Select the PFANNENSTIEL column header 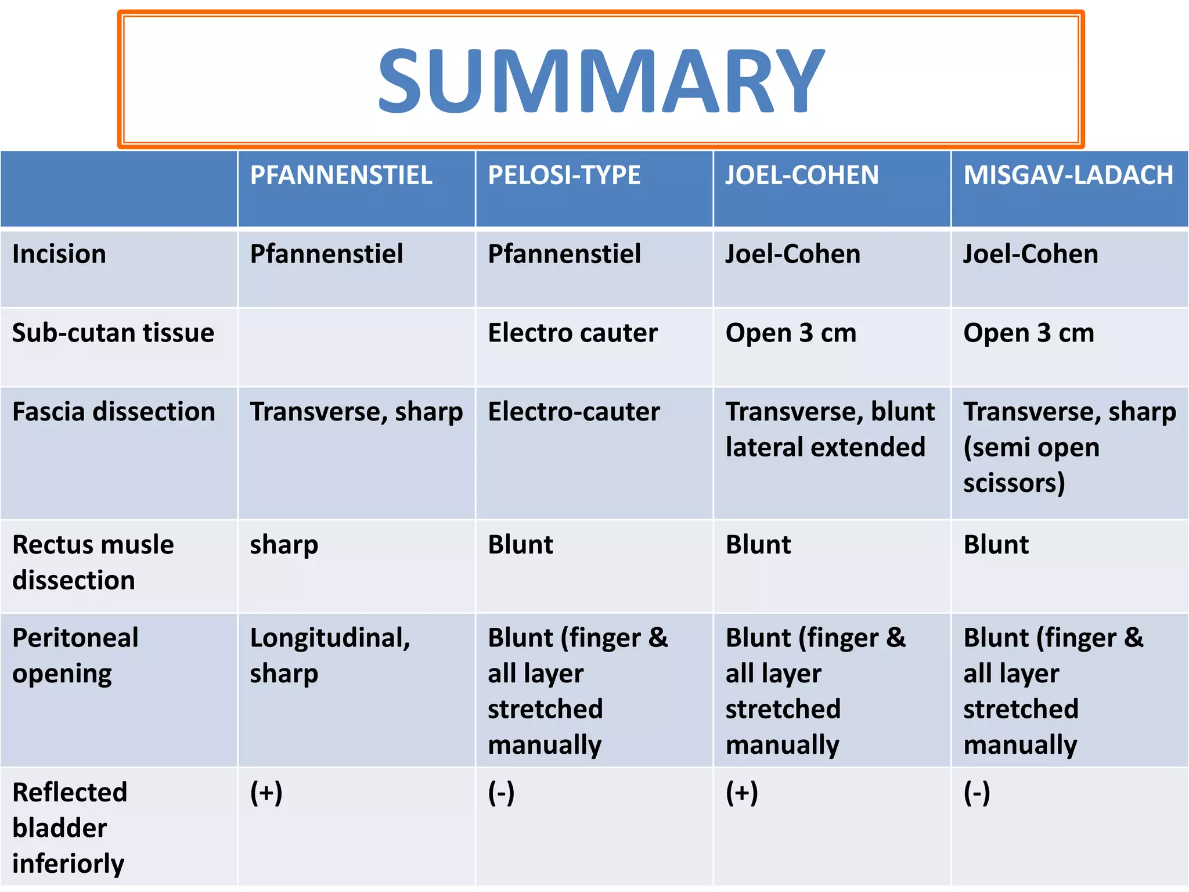point(341,175)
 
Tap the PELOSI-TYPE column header point(564,175)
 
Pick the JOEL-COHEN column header point(802,175)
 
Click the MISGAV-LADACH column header point(1068,175)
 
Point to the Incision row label point(59,254)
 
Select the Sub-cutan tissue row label point(113,333)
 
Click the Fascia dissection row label point(114,412)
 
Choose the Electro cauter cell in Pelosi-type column point(572,333)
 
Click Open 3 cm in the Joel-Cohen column point(791,333)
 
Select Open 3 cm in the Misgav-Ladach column point(1029,333)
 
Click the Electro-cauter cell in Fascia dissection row point(574,412)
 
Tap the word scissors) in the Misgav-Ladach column point(1014,483)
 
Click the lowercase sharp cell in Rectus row point(284,545)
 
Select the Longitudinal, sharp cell point(330,655)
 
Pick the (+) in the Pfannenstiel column point(266,793)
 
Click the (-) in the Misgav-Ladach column point(977,793)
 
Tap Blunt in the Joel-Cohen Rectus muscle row point(758,545)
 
